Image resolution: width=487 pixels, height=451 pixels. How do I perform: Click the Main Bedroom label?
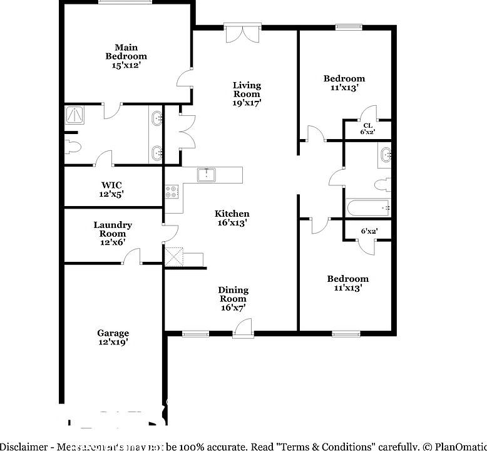point(126,56)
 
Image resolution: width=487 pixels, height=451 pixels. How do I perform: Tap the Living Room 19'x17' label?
point(247,94)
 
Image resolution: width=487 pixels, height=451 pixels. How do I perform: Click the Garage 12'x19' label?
point(113,338)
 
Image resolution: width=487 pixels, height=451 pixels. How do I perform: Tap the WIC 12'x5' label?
point(112,189)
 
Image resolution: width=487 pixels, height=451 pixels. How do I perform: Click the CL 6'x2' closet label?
point(367,129)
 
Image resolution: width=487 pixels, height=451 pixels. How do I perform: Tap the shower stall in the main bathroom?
point(75,115)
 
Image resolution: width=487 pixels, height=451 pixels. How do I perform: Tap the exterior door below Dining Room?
point(242,328)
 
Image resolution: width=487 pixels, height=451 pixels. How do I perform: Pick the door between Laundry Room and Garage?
point(131,257)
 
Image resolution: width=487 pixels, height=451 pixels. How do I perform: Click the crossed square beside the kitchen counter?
point(173,257)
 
